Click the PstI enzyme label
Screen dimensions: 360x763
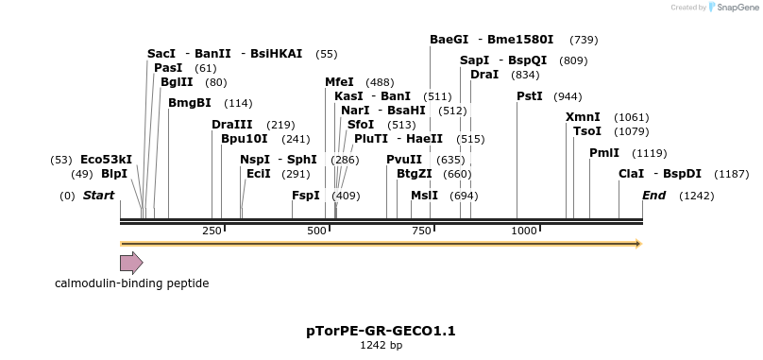coord(530,96)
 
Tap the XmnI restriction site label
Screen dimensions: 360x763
coord(583,117)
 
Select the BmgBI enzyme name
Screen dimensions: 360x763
coord(190,103)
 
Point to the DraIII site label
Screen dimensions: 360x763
coord(232,125)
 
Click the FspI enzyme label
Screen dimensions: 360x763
coord(306,196)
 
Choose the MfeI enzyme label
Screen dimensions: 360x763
coord(339,82)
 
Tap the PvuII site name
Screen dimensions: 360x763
coord(404,160)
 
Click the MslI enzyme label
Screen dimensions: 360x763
coord(424,196)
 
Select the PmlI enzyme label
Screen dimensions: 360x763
coord(604,153)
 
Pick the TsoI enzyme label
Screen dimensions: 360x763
coord(587,131)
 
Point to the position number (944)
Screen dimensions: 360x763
coord(568,96)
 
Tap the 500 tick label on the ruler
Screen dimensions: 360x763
coord(317,231)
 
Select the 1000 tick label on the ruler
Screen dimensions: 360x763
coord(523,231)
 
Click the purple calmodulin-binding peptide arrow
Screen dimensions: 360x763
coord(131,263)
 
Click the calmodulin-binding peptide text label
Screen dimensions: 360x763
coord(131,283)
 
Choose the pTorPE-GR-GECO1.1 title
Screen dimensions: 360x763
coord(381,331)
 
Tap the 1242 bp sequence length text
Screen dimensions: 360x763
coord(381,346)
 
